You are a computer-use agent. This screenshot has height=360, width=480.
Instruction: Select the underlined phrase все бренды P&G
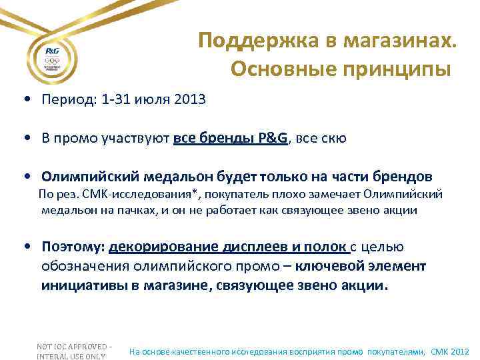pyautogui.click(x=231, y=139)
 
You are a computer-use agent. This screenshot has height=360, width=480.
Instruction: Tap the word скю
pyautogui.click(x=333, y=139)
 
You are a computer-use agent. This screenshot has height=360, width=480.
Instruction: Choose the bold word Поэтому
pyautogui.click(x=71, y=247)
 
